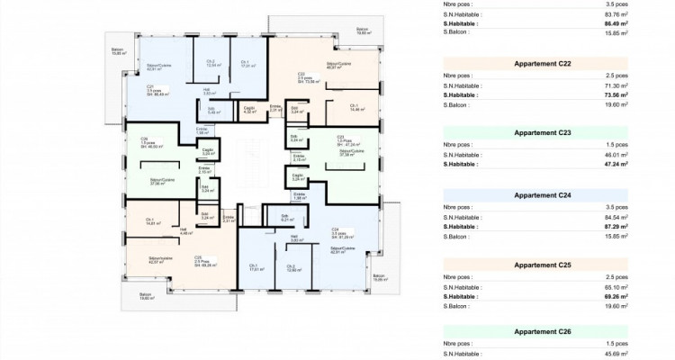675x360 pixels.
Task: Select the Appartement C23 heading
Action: [x=541, y=131]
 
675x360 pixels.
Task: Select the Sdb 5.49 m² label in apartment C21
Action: [x=214, y=112]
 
